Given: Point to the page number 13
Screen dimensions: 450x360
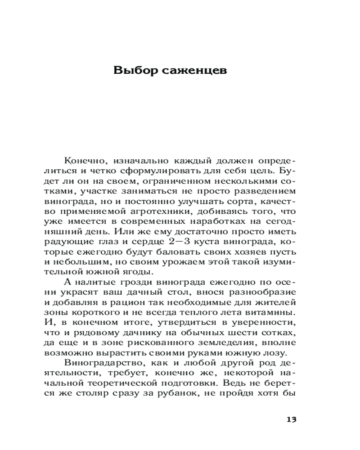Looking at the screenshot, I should coord(291,419).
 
